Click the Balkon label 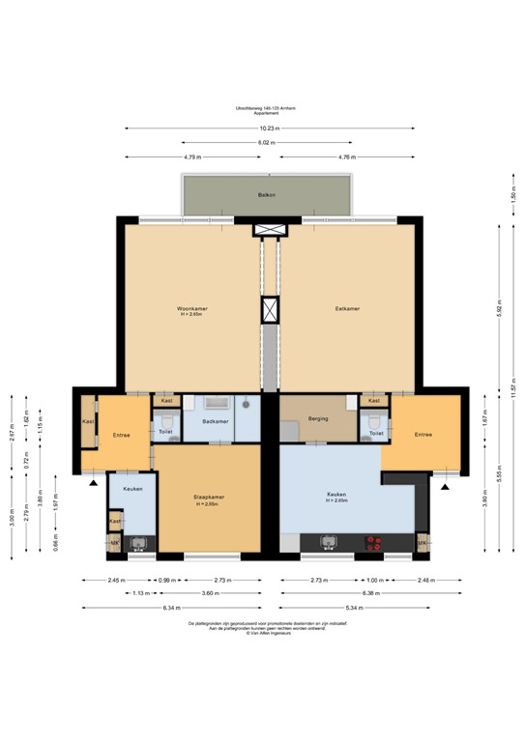pos(267,195)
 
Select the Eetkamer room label pos(347,309)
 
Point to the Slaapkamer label pos(210,498)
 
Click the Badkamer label pos(215,421)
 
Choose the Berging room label pos(318,418)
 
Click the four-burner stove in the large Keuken pos(374,546)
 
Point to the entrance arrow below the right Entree pos(446,486)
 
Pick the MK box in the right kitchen pos(422,545)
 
